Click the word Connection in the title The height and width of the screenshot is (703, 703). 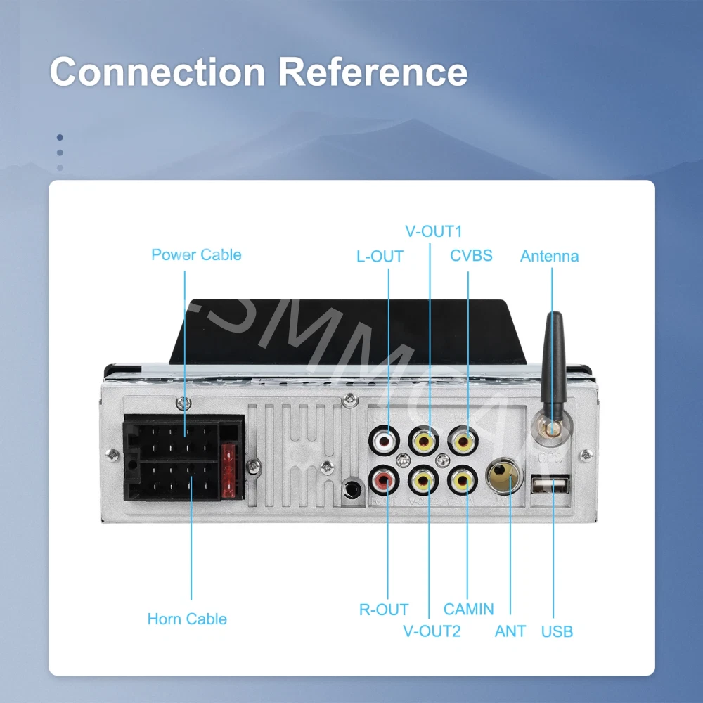(156, 72)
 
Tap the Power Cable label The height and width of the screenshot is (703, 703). (196, 254)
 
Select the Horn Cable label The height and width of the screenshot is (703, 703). (187, 619)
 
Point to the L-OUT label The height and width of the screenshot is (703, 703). (380, 257)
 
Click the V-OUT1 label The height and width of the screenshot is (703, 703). (434, 231)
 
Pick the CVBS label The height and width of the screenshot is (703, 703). (471, 255)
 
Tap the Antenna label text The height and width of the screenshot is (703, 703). (549, 257)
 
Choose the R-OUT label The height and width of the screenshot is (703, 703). (384, 610)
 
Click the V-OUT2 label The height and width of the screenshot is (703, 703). (432, 631)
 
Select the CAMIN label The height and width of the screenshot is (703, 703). (469, 609)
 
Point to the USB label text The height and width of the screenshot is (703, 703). (557, 631)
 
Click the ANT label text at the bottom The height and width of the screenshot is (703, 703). (510, 631)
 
